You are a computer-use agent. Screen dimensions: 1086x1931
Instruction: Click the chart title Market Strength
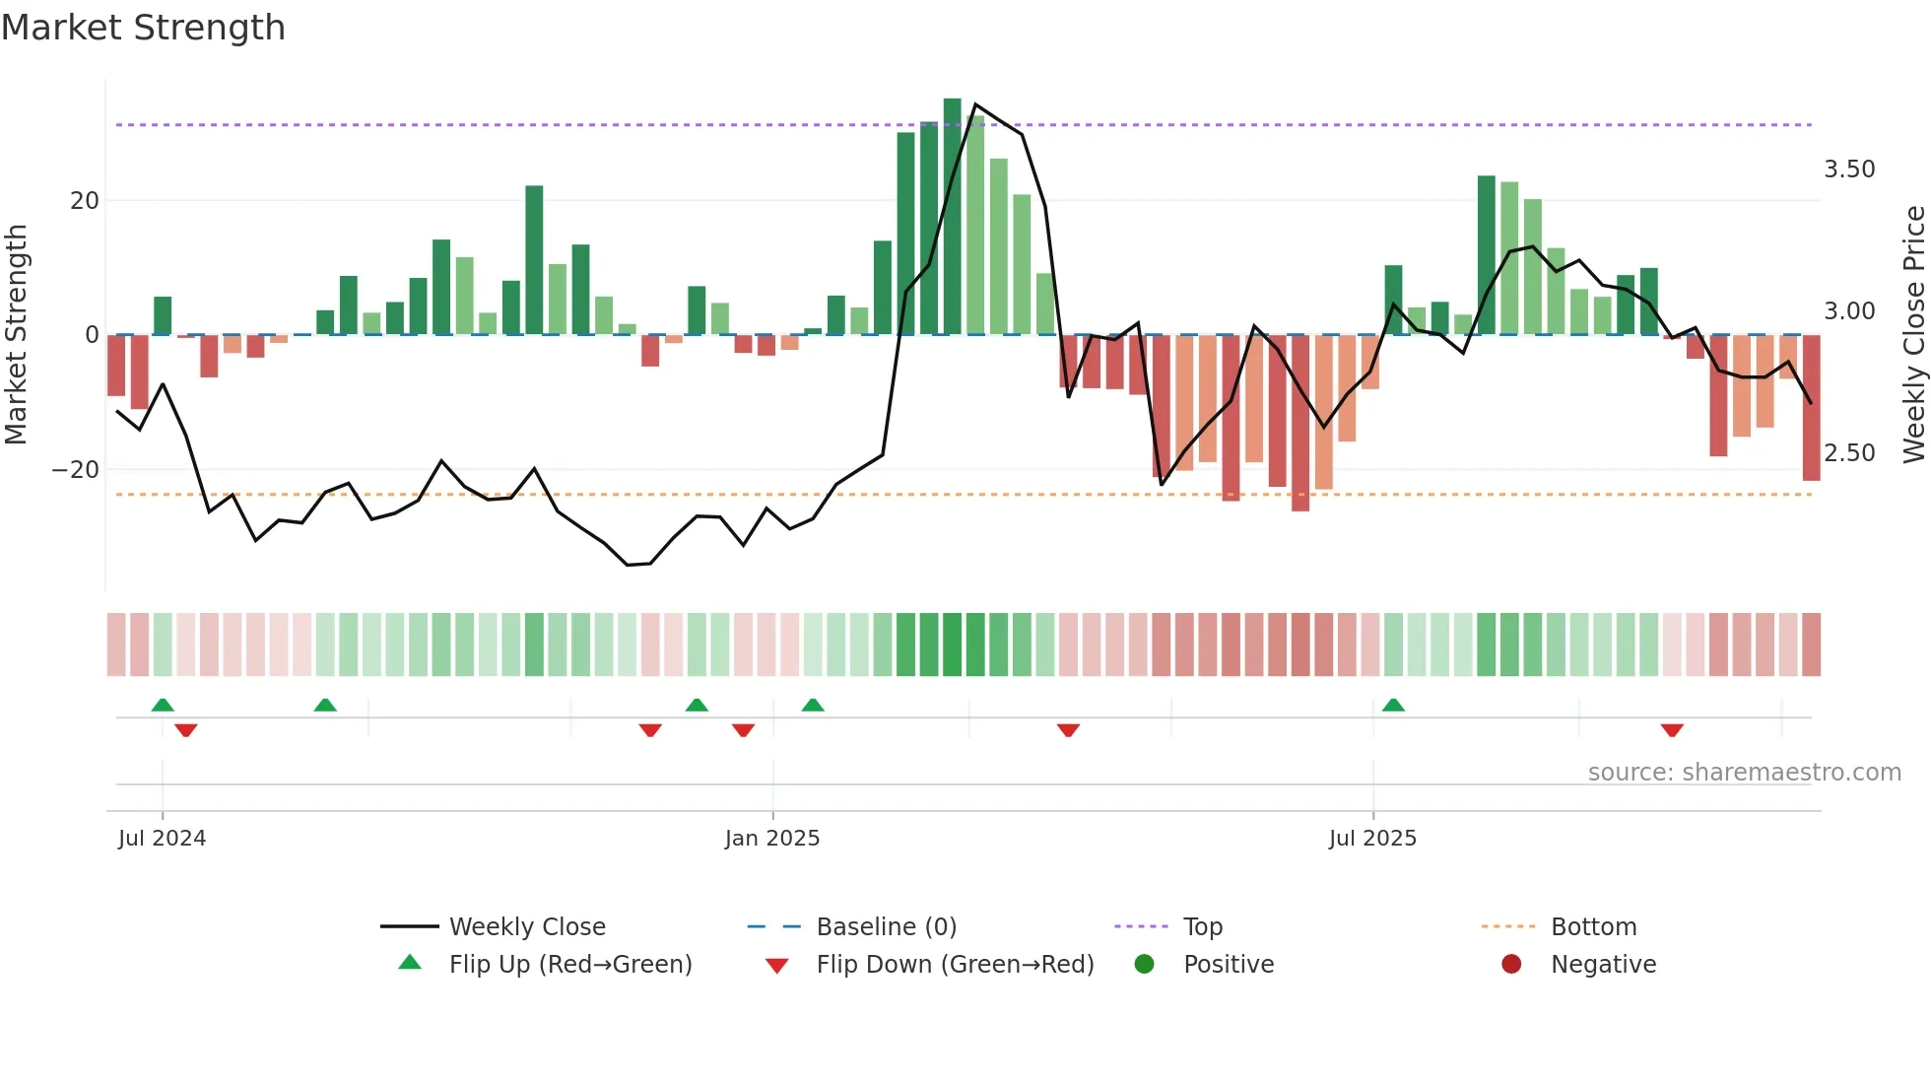tap(143, 28)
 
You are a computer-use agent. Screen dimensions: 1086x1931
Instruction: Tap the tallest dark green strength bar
tap(952, 217)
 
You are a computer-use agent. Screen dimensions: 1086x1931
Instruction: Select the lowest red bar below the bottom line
tap(1300, 424)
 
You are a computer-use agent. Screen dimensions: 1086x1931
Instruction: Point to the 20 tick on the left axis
tap(85, 201)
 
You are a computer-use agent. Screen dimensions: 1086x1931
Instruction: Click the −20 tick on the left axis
tap(77, 470)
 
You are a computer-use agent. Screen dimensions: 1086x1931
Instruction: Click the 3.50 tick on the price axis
tap(1849, 170)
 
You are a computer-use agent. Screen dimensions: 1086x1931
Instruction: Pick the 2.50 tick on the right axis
tap(1849, 453)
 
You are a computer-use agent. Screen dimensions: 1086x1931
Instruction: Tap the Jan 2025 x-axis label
tap(771, 839)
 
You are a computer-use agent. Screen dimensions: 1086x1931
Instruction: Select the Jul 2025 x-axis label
tap(1371, 839)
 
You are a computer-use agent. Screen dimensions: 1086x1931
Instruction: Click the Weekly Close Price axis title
tap(1913, 335)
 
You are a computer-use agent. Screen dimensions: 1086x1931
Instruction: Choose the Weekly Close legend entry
tap(526, 927)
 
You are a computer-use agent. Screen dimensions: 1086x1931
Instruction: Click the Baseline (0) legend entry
tap(886, 927)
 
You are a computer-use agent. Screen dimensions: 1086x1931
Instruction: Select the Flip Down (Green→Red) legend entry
tap(954, 965)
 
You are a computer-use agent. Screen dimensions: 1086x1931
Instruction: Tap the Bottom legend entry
tap(1592, 927)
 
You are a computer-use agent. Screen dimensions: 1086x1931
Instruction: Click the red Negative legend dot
tap(1511, 965)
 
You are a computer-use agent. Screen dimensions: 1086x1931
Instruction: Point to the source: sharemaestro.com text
tap(1744, 773)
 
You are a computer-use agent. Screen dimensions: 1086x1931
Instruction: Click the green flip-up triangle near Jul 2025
tap(1393, 705)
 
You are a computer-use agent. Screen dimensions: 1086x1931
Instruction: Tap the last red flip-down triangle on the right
tap(1672, 730)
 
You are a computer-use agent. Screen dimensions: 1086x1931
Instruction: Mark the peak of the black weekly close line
tap(975, 104)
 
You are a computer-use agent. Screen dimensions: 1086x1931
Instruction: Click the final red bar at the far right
tap(1811, 408)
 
